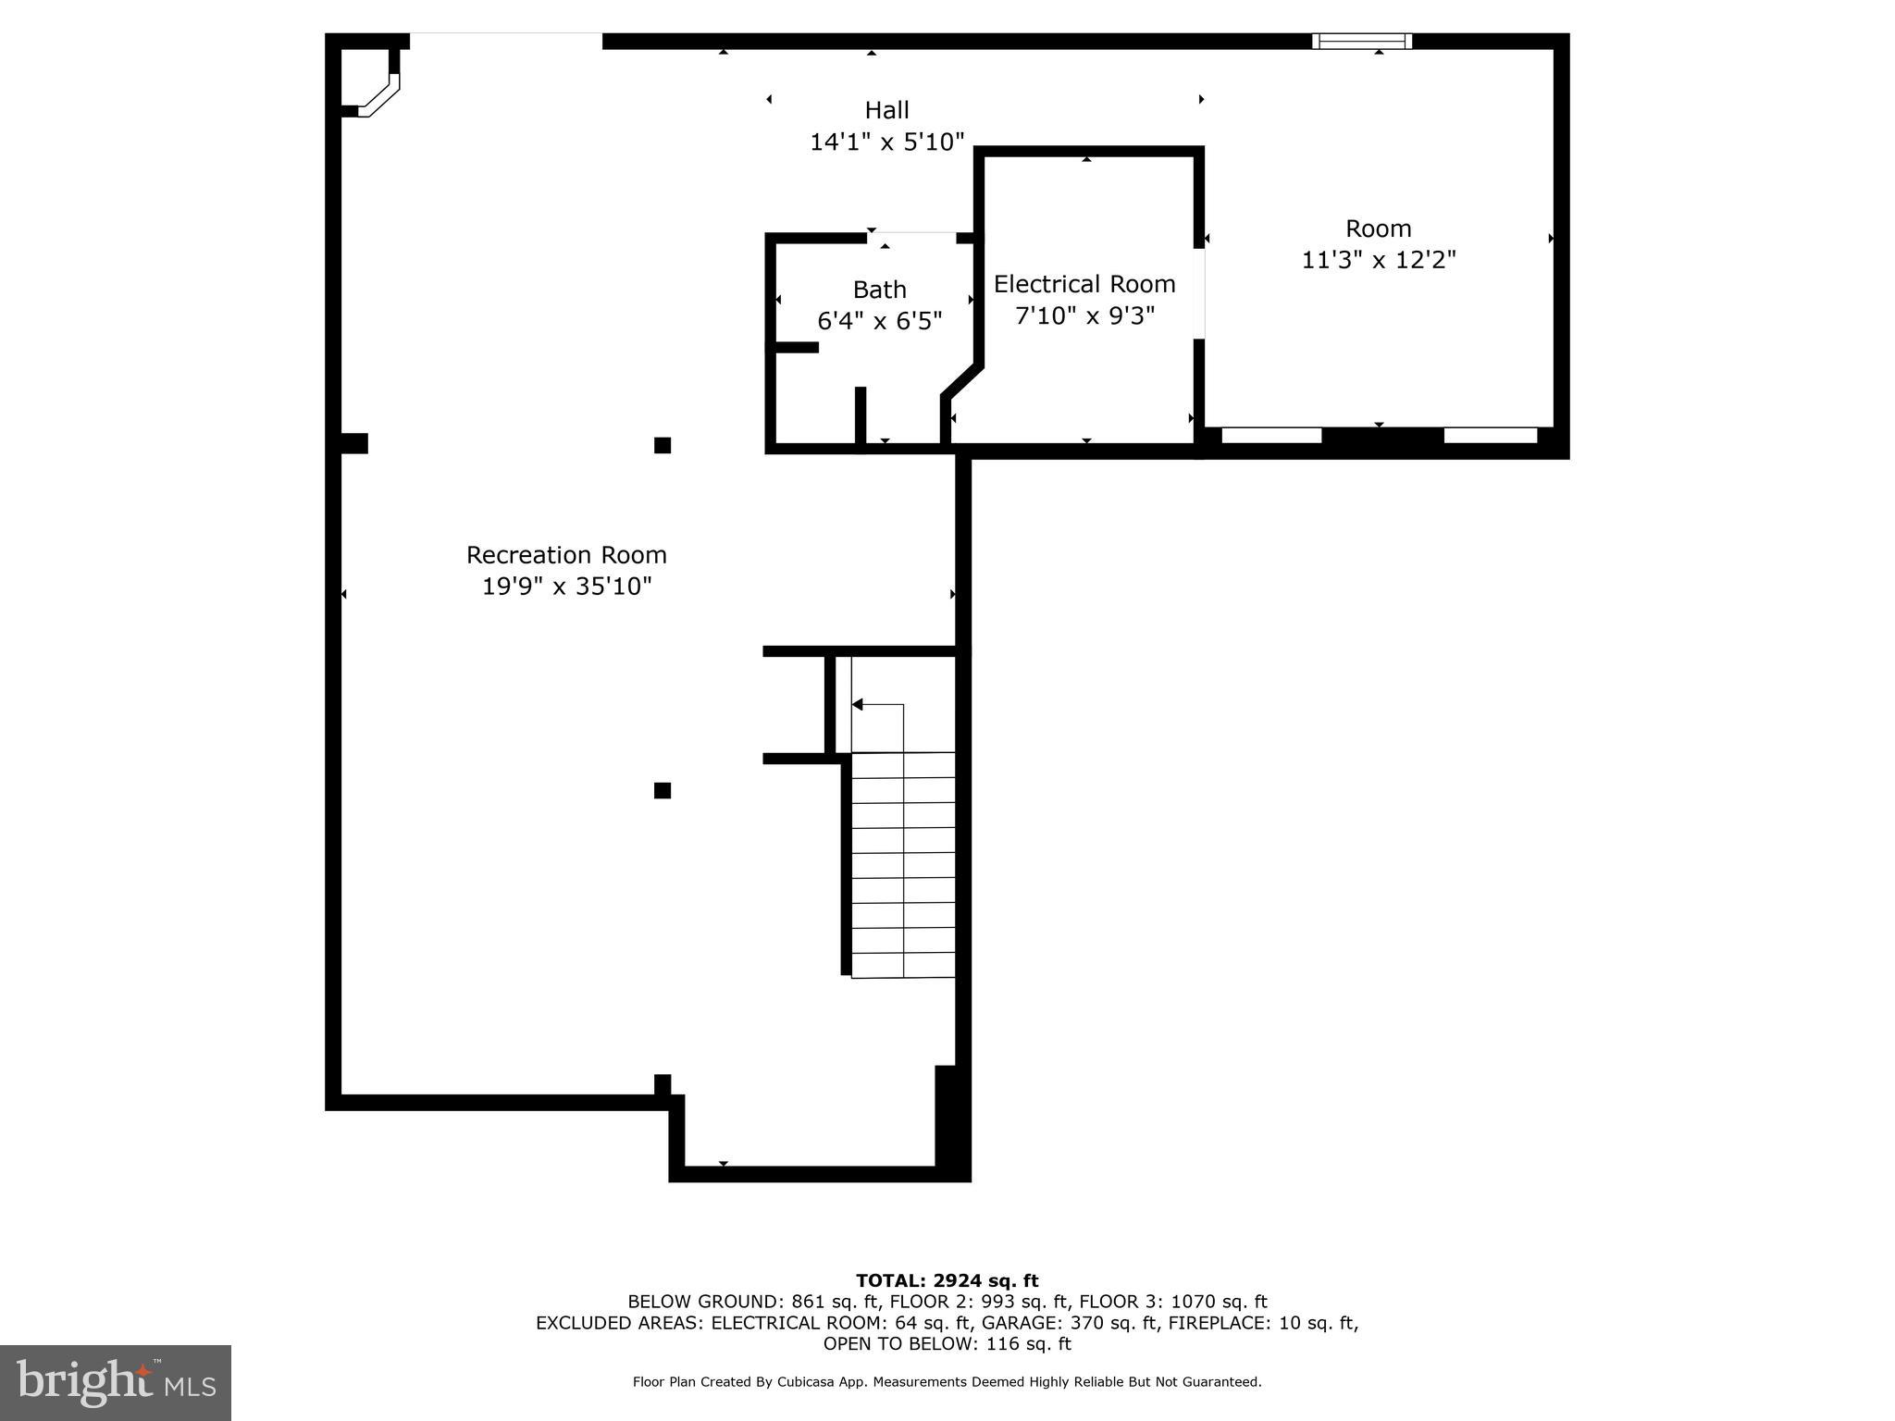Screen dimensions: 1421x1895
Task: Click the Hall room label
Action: point(886,110)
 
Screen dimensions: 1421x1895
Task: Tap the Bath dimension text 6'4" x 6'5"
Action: point(879,321)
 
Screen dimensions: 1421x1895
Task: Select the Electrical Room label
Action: point(1084,284)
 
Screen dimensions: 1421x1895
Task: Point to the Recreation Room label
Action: point(566,555)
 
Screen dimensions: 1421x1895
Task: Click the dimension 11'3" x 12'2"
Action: point(1379,260)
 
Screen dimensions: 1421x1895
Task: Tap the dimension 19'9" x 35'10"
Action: point(566,587)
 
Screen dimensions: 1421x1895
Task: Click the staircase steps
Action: point(903,865)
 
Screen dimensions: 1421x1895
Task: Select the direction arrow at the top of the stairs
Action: point(859,705)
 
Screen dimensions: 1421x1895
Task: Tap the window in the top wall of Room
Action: point(1362,41)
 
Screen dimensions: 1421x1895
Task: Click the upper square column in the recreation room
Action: point(663,445)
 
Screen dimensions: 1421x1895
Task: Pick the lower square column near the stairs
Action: point(663,790)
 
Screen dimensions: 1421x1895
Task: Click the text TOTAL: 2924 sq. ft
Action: point(947,1280)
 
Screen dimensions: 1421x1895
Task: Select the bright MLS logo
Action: point(116,1383)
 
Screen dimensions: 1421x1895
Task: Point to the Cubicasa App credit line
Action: point(947,1382)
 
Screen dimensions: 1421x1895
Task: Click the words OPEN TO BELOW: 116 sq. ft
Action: point(947,1343)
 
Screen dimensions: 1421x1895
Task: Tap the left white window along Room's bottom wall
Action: point(1271,435)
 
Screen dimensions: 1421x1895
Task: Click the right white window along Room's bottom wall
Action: point(1490,435)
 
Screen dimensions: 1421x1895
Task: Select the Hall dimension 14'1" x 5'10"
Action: point(886,142)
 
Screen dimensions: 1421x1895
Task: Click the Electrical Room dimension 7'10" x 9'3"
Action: point(1084,316)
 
